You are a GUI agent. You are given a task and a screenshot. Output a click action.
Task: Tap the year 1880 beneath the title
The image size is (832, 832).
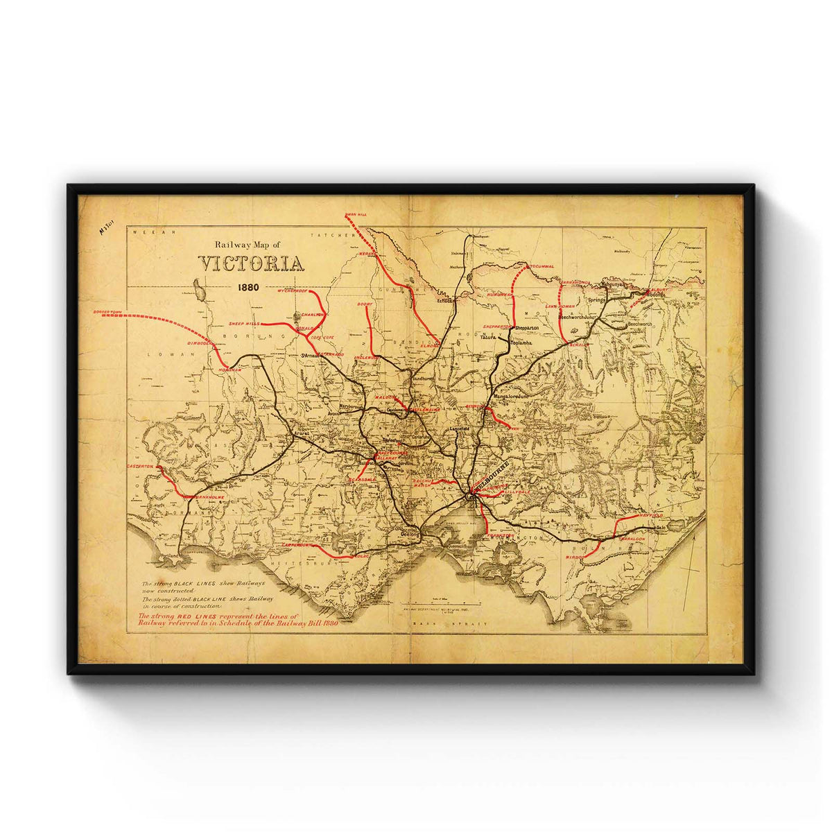[249, 286]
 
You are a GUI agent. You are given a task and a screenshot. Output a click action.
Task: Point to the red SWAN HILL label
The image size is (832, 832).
[354, 215]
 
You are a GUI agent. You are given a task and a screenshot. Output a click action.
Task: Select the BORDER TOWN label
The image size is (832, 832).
[112, 313]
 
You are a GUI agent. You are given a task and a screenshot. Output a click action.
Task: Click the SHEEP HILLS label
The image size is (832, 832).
[243, 324]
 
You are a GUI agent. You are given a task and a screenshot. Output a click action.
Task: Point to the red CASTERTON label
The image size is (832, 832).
[141, 467]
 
